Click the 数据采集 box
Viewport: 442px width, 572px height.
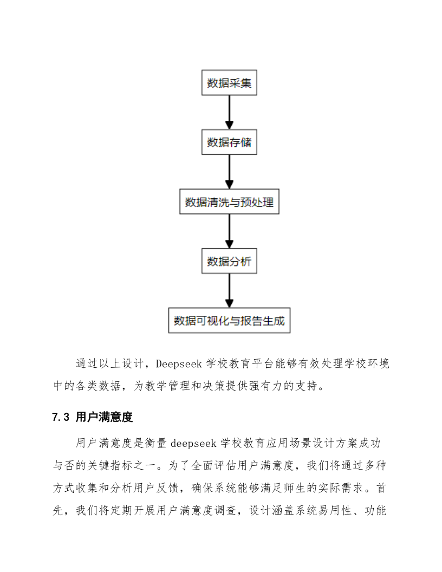(229, 83)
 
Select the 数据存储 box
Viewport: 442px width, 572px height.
(229, 143)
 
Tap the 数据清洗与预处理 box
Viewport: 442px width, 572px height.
(229, 203)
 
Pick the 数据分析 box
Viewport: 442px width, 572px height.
(229, 262)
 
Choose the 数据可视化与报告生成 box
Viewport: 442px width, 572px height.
(229, 321)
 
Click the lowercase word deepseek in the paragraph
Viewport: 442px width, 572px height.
(194, 443)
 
